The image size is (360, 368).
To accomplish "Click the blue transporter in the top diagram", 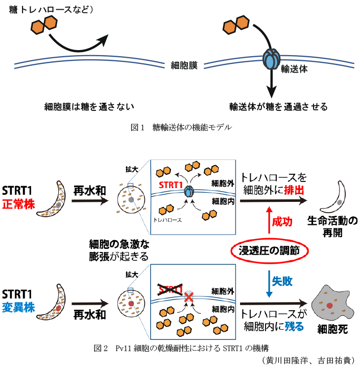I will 271,59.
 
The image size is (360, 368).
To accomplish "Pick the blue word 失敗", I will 282,281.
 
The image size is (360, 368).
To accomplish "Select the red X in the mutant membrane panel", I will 188,296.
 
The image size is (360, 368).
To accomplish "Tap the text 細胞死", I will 332,330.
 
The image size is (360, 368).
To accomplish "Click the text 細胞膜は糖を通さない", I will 89,107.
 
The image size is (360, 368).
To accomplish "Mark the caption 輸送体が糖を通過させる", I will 278,107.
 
